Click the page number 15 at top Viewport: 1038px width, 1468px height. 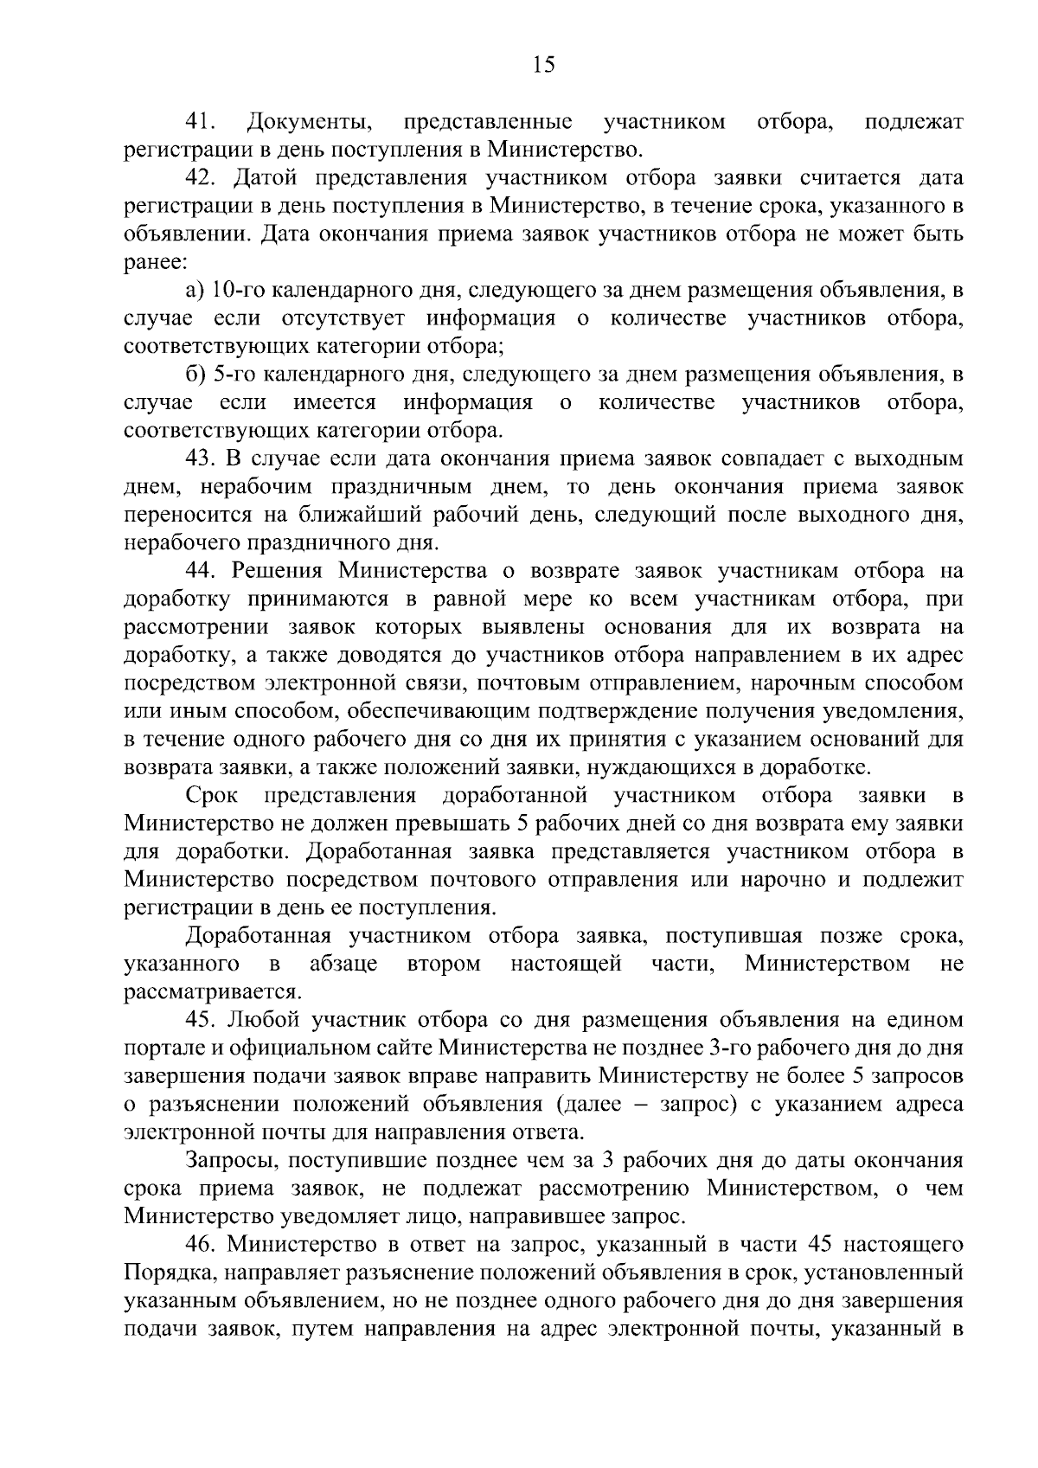coord(543,65)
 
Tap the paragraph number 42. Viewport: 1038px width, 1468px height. coord(202,178)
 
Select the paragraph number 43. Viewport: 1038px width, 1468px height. coord(202,458)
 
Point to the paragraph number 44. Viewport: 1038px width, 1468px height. coord(202,571)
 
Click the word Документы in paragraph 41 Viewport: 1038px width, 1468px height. coord(310,122)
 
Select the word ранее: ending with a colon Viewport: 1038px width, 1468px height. coord(151,263)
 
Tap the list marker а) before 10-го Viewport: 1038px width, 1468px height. coord(195,291)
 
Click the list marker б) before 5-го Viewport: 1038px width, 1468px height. coord(195,375)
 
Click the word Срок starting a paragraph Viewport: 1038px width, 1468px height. coord(211,795)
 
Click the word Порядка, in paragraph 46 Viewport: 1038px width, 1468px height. coord(162,1272)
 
